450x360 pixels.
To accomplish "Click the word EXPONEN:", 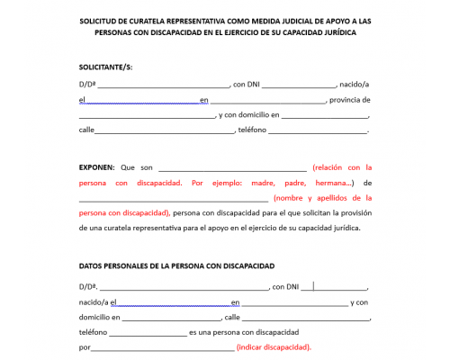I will tap(97, 166).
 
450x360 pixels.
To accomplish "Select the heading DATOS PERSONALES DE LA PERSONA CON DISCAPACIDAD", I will tap(176, 265).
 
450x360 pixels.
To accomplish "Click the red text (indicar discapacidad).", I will tap(274, 347).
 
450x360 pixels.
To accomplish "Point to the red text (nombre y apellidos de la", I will tap(318, 198).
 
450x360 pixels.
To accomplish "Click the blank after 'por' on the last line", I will tap(162, 347).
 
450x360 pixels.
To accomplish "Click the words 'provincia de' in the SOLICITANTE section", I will tap(350, 100).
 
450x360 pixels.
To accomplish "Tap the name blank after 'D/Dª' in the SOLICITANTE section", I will tap(163, 85).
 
